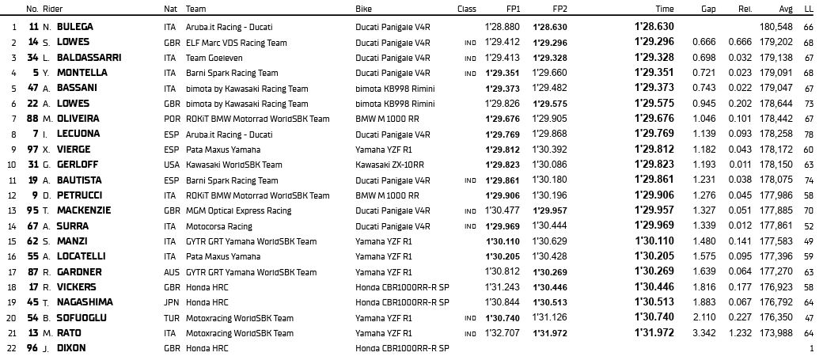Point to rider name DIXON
click(x=72, y=348)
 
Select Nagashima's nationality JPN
click(x=170, y=302)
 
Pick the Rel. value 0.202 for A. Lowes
click(x=741, y=103)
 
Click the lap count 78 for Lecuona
click(x=808, y=134)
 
